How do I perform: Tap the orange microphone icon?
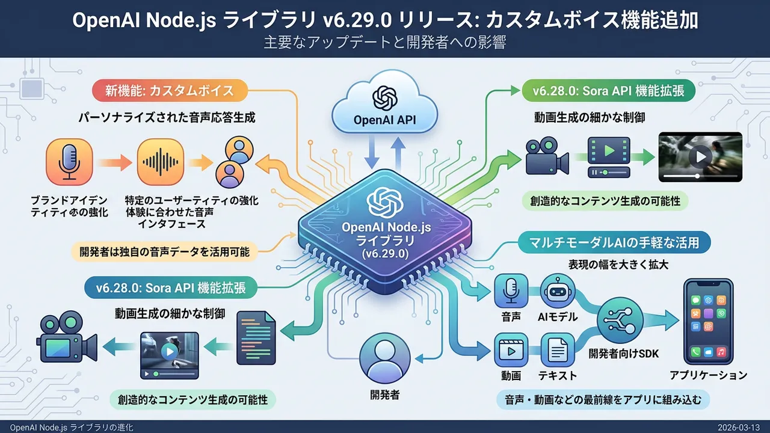click(69, 161)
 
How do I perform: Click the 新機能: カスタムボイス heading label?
click(170, 92)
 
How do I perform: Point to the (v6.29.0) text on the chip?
click(383, 254)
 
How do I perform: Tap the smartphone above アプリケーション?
click(709, 321)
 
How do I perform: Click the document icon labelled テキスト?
click(558, 350)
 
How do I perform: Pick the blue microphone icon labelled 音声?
click(511, 291)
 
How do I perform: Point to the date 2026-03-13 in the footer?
click(742, 427)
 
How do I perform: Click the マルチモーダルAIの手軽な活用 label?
click(613, 244)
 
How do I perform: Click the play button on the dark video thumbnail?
click(700, 157)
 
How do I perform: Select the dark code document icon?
click(256, 337)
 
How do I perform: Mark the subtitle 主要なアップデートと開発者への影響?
click(385, 43)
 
